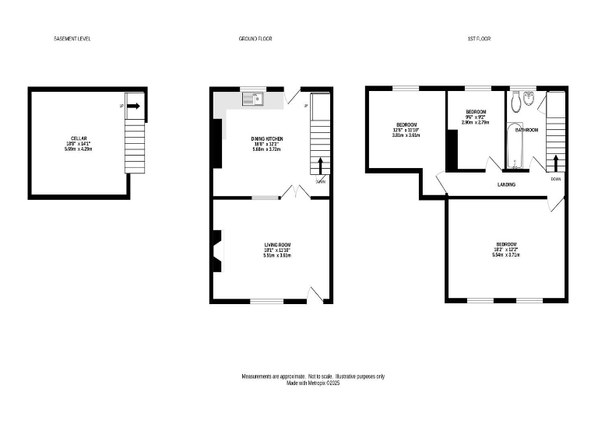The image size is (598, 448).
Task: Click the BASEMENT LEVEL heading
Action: point(72,38)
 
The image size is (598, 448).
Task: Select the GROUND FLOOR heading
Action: point(255,38)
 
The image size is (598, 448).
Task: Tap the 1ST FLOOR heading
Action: point(479,38)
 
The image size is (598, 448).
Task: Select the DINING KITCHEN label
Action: point(266,138)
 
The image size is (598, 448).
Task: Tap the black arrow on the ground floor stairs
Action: point(320,165)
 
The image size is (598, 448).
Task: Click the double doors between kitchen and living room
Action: point(291,193)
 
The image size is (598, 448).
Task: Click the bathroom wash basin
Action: point(529,99)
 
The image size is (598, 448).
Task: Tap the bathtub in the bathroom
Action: point(514,145)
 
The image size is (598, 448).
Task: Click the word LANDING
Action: point(508,184)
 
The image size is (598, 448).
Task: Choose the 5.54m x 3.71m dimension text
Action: point(505,254)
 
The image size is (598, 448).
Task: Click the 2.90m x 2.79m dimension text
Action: point(475,122)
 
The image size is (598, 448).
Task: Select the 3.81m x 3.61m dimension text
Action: point(406,135)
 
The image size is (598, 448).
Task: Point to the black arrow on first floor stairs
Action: point(555,162)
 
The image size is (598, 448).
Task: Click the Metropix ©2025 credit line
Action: point(313,383)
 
